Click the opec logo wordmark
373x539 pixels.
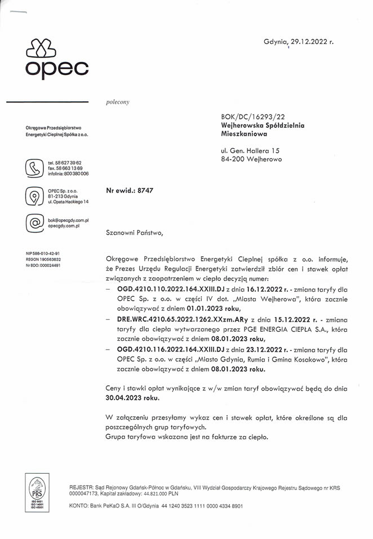(x=56, y=69)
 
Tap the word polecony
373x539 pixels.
(x=118, y=102)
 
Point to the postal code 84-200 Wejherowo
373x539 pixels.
(x=252, y=159)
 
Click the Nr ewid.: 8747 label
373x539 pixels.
(x=130, y=190)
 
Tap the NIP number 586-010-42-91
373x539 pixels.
(x=43, y=253)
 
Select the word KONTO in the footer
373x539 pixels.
(x=78, y=506)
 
